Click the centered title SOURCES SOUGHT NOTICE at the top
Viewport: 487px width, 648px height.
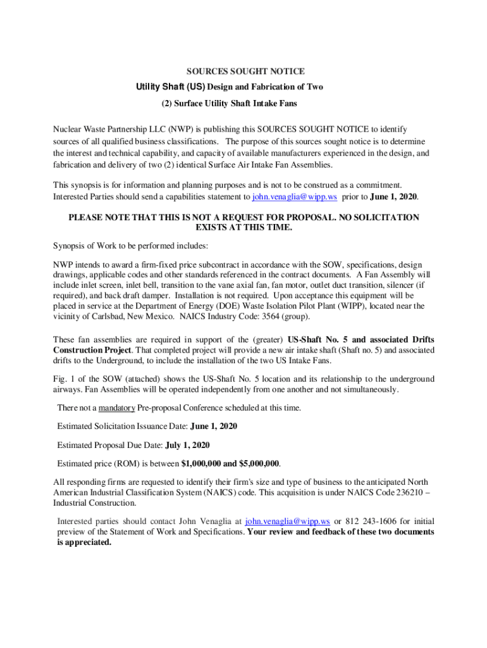click(x=244, y=71)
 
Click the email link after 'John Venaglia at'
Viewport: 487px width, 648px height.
click(x=287, y=521)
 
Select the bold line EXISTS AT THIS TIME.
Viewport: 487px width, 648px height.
click(x=244, y=228)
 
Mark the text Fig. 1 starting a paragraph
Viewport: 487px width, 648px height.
click(x=63, y=379)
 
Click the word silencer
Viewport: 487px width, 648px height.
click(x=409, y=285)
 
